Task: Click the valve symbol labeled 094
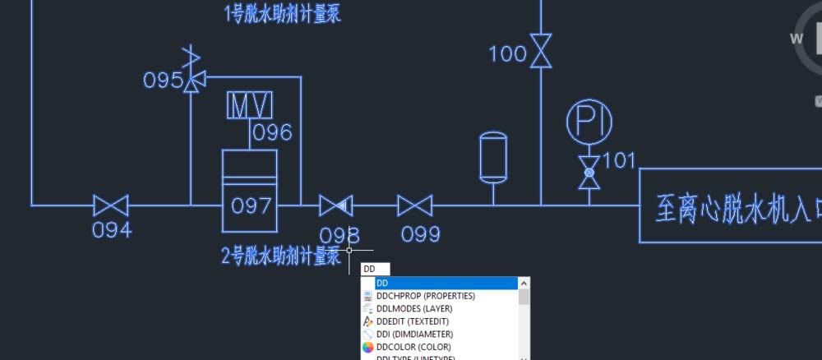tap(110, 205)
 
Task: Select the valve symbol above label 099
tap(415, 205)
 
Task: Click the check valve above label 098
tap(335, 205)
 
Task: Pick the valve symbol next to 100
tap(540, 51)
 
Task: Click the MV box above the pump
tap(251, 107)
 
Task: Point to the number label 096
tap(272, 132)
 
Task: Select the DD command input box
tap(375, 269)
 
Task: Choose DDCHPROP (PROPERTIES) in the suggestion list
tap(425, 295)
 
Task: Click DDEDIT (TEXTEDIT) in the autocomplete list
tap(418, 321)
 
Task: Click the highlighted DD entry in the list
tap(444, 283)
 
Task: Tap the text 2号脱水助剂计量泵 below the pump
tap(281, 256)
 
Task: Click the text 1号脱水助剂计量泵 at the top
tap(281, 13)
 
